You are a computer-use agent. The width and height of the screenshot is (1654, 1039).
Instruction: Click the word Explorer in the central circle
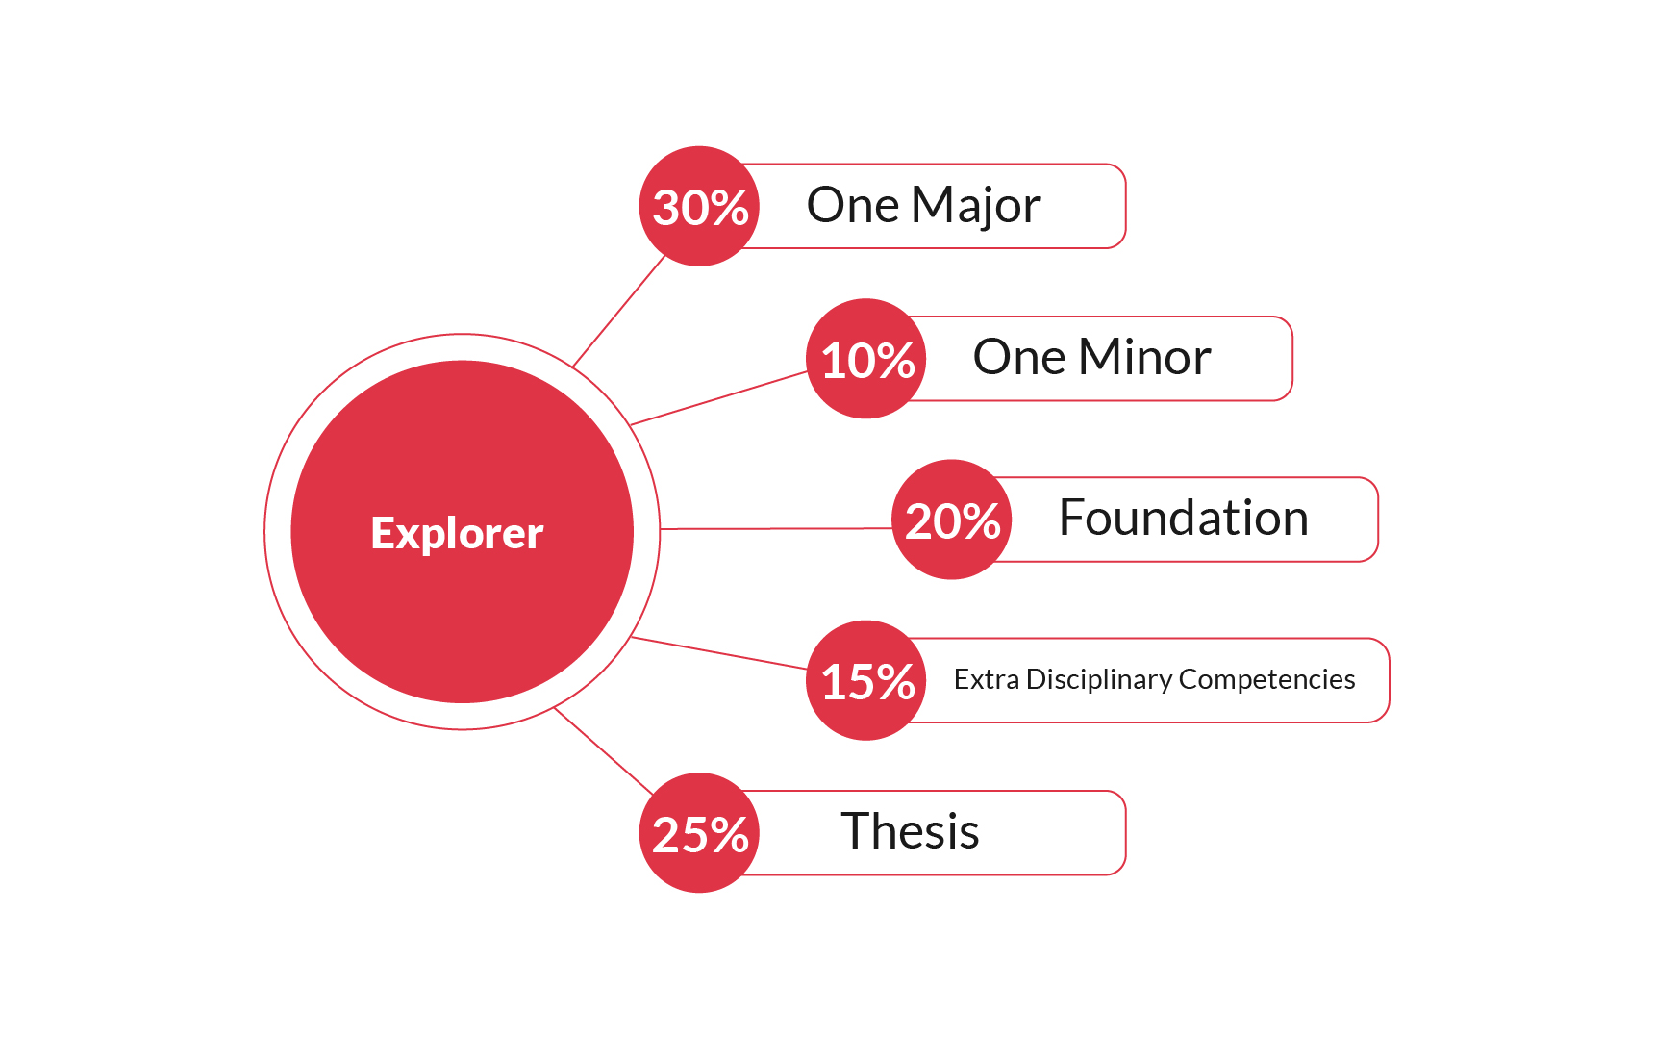pos(457,533)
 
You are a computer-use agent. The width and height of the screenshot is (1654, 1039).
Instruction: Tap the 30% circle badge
pos(699,206)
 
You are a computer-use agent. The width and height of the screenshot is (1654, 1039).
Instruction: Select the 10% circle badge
pos(866,359)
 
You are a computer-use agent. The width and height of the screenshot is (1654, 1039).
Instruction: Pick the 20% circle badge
pos(952,519)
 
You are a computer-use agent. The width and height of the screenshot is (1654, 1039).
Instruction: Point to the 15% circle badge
pos(866,680)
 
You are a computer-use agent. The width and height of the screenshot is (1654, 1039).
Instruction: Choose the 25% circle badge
pos(699,833)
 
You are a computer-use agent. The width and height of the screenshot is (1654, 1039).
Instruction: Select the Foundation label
pos(1183,519)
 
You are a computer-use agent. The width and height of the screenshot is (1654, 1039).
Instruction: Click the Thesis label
pos(910,832)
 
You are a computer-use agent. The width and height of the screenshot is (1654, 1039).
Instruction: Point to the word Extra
pos(986,679)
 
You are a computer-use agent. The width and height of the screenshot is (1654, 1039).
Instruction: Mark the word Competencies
pos(1266,679)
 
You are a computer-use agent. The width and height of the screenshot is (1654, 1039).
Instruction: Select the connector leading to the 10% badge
pos(718,398)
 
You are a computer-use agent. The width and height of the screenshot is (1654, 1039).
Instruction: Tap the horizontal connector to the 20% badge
pos(775,528)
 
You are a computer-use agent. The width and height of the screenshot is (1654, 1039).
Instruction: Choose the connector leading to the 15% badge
pos(718,652)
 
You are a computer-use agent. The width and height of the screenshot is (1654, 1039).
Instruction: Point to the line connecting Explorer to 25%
pos(603,750)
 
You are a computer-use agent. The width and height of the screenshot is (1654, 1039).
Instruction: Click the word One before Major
pos(853,206)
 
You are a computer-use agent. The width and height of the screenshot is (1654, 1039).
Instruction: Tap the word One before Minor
pos(1019,358)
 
